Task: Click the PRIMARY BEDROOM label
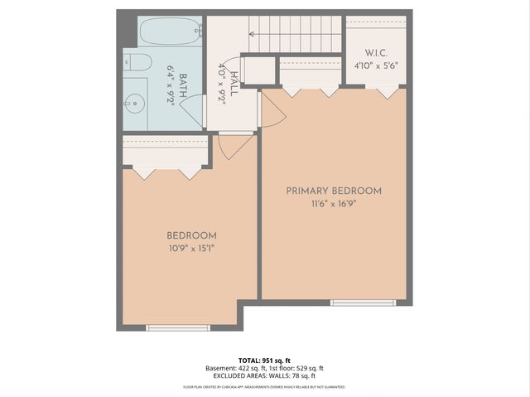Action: [x=334, y=191]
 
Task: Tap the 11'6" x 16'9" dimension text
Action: [x=334, y=203]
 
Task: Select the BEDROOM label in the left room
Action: [x=191, y=235]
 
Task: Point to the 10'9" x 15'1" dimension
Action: [x=191, y=248]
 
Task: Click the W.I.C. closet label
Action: [x=377, y=53]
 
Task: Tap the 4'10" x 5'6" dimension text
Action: [x=377, y=65]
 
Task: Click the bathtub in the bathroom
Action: [x=171, y=32]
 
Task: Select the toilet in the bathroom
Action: [x=137, y=63]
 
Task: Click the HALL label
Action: [x=234, y=82]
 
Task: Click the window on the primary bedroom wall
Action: [x=364, y=303]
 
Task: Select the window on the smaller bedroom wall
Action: [x=178, y=328]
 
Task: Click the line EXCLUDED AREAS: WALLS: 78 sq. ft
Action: [x=265, y=375]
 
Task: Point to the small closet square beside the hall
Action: [x=259, y=70]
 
